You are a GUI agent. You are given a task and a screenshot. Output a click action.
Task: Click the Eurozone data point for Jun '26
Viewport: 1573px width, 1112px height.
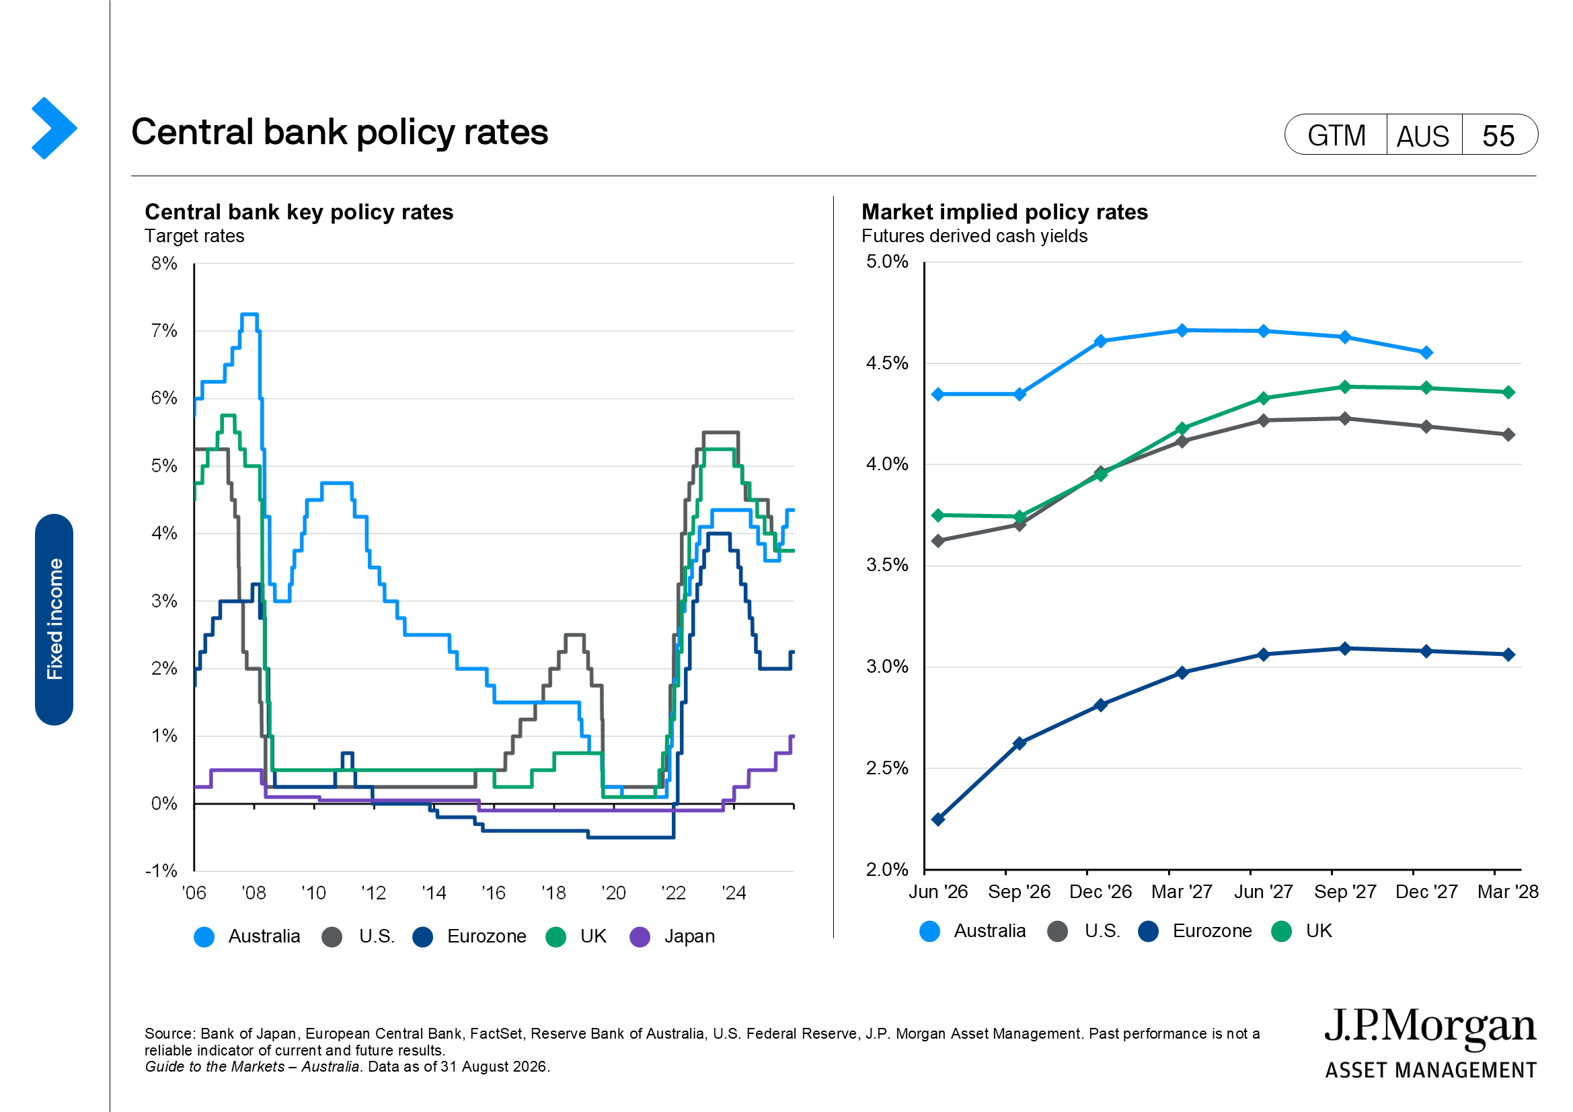click(938, 819)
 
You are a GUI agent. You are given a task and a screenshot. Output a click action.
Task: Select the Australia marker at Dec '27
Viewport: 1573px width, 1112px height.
click(1426, 353)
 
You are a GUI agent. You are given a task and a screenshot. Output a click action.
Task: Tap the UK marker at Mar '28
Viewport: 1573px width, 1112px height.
click(1508, 393)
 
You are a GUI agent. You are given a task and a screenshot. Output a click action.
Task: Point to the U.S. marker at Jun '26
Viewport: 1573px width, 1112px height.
click(938, 541)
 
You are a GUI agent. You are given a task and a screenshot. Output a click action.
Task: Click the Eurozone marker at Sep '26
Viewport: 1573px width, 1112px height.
click(1020, 743)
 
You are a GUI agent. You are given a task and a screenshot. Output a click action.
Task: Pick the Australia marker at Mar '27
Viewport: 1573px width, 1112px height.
click(1182, 330)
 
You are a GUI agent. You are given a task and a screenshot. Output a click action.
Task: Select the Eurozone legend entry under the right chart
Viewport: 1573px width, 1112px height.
click(1195, 931)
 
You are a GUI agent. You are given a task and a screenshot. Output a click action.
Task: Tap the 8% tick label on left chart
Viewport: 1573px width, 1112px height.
click(164, 264)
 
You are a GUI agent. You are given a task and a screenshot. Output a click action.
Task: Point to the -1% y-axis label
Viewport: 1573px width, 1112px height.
click(161, 870)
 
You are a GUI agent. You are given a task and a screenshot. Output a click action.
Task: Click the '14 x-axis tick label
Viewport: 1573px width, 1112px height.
click(434, 893)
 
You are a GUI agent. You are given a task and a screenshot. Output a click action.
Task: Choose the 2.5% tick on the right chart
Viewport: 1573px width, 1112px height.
click(887, 768)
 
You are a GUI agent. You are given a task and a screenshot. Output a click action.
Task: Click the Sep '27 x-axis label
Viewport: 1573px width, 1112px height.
click(1345, 892)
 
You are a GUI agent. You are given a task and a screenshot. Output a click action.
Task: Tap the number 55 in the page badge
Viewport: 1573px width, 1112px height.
click(1498, 136)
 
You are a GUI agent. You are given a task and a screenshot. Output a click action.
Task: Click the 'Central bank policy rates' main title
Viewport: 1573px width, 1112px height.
click(340, 133)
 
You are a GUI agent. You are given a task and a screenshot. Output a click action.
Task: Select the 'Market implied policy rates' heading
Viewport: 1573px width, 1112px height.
click(1004, 213)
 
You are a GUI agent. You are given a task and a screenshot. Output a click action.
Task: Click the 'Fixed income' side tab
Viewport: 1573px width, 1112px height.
click(54, 620)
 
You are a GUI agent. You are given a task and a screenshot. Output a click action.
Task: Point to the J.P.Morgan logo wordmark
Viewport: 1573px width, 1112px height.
click(1430, 1029)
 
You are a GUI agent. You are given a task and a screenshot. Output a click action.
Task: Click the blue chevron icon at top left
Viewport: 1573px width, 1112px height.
click(54, 128)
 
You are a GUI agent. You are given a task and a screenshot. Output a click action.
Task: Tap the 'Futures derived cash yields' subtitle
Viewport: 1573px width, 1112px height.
click(974, 236)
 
